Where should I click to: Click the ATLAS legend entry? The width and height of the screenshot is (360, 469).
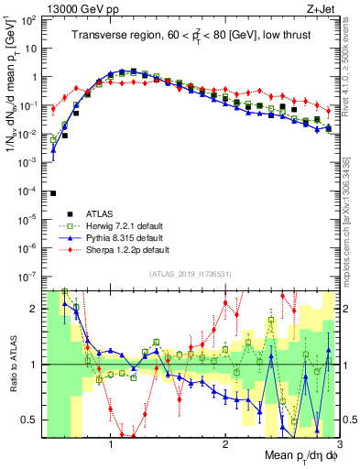[x=100, y=214]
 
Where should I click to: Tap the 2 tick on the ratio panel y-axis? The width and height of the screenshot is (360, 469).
[x=30, y=309]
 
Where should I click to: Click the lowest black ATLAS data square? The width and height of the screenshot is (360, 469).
[x=53, y=193]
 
